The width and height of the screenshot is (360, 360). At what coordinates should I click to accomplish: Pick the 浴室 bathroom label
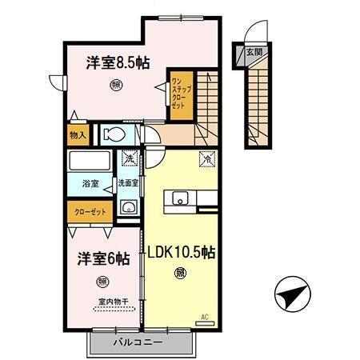pos(90,184)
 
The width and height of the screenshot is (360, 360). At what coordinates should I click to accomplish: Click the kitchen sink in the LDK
pos(178,197)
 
